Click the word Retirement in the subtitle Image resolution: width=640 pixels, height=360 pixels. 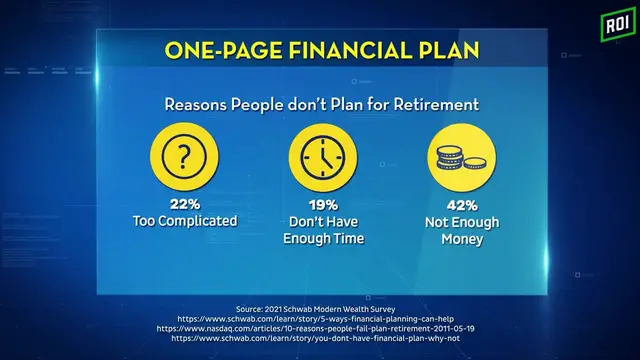[432, 104]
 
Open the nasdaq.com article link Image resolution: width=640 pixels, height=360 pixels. [320, 326]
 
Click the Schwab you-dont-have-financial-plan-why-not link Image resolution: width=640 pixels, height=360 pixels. [320, 338]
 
